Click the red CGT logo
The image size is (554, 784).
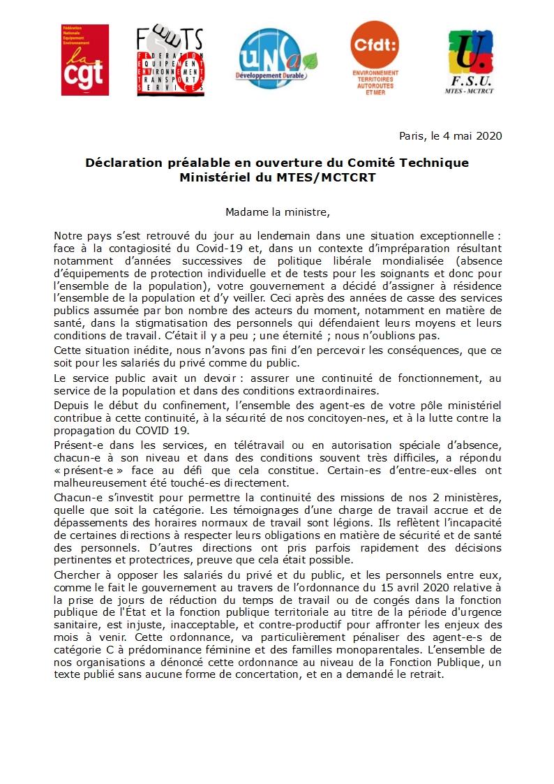pyautogui.click(x=85, y=59)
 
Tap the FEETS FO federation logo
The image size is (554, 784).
pyautogui.click(x=170, y=60)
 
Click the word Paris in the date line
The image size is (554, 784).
pyautogui.click(x=412, y=135)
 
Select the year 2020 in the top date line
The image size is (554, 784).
pyautogui.click(x=489, y=135)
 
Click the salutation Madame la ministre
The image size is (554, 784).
pyautogui.click(x=276, y=212)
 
